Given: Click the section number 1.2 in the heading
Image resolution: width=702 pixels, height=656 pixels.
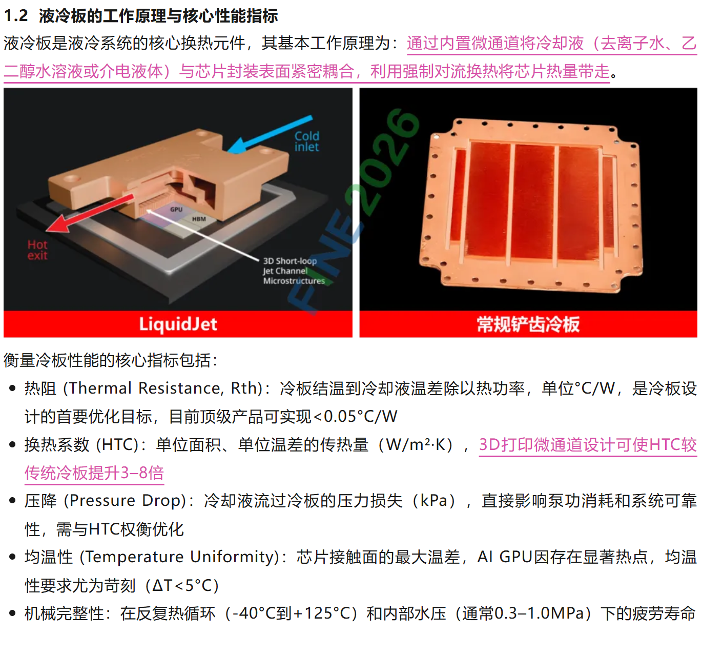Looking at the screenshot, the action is coord(16,16).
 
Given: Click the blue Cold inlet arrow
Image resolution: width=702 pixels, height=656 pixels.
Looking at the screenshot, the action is coord(270,135).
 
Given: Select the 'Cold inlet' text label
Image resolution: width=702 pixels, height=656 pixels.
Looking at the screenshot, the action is coord(307,141).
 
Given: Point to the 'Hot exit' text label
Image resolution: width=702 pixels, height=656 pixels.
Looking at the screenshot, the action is coord(37,250).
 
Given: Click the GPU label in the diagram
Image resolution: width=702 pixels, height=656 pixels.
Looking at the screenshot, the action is coord(176,209).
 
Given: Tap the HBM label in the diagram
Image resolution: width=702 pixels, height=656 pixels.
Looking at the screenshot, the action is coord(199,219).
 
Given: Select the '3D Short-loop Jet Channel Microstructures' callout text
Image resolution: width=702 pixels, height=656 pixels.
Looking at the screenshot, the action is coord(294,271).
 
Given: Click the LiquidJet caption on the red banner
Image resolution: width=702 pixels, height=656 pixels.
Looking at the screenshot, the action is coord(178,324).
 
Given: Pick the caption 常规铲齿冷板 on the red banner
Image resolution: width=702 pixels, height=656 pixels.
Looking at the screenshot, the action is coord(528,324).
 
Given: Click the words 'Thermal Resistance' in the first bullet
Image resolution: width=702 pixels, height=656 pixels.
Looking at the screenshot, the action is coord(146,388).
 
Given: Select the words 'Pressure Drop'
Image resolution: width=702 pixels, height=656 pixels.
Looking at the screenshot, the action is coord(125,501).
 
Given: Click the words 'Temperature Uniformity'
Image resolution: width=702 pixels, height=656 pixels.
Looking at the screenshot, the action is coord(179,557).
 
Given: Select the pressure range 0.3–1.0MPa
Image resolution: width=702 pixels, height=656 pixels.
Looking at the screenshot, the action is coord(539,613).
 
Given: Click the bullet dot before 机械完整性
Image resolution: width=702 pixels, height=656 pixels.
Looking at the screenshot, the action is coord(13,613).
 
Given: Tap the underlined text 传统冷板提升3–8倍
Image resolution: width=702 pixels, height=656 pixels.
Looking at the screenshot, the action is coord(94,473).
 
